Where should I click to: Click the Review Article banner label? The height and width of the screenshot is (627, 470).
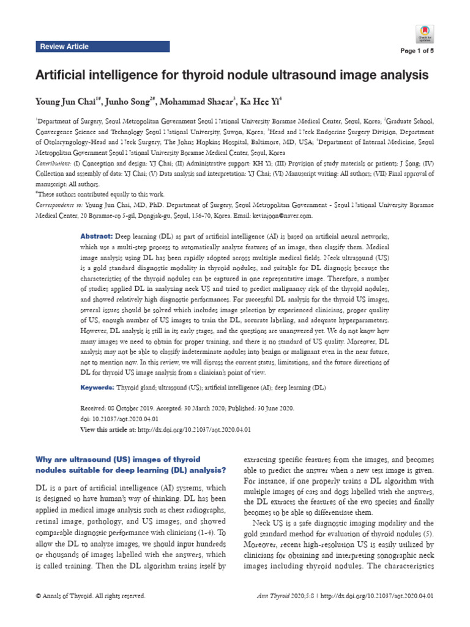(64, 47)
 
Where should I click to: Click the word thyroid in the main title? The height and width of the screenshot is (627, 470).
(197, 75)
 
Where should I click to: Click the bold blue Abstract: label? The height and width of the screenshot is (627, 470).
(95, 236)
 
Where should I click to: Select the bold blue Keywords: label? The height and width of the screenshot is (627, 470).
(97, 388)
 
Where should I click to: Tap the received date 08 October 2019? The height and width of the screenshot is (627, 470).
(128, 408)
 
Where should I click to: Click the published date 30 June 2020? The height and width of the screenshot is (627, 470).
(269, 408)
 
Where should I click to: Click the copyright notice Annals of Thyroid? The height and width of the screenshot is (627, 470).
(90, 595)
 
